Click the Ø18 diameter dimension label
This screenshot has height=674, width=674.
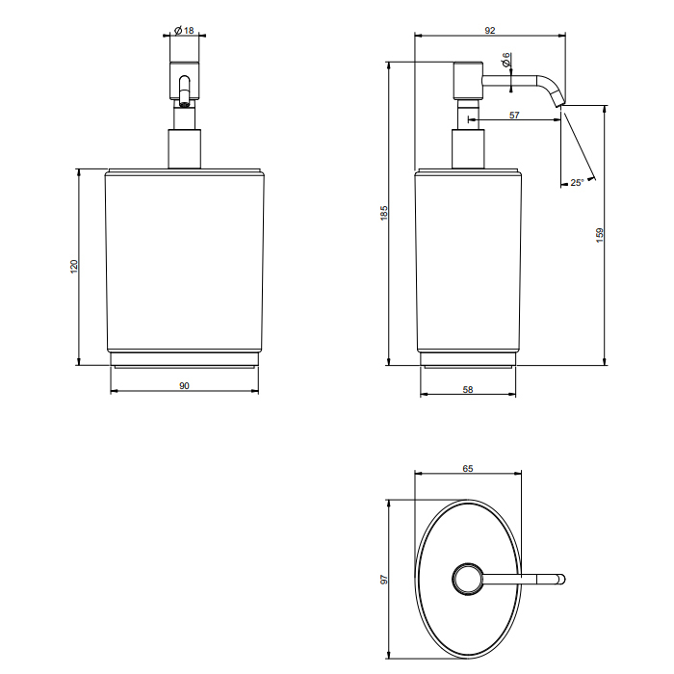click(185, 31)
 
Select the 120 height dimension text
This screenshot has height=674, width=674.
click(74, 267)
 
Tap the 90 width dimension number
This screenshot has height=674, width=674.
click(184, 386)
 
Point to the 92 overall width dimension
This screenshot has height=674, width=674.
click(489, 31)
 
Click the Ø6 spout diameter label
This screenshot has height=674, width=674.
click(505, 60)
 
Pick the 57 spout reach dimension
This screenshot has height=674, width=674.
click(514, 116)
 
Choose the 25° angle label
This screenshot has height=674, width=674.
click(577, 183)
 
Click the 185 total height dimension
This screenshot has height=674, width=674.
click(384, 213)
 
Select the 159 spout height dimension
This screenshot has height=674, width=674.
click(600, 235)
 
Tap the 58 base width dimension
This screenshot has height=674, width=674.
click(468, 389)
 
